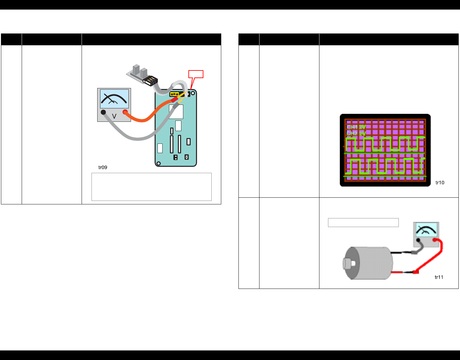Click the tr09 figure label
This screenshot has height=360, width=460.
point(103,167)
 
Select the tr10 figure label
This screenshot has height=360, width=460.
point(440,183)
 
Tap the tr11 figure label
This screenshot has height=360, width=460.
point(439,277)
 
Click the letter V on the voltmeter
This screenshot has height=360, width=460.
point(114,117)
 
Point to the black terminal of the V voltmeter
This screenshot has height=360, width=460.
point(103,112)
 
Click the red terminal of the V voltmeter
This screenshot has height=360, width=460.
point(125,112)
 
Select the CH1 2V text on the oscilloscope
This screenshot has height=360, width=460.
point(356,127)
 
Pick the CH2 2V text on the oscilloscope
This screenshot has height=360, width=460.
point(356,133)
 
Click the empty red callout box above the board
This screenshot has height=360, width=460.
point(196,74)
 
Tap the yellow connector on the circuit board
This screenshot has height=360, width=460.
point(174,94)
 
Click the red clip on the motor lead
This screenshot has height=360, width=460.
point(415,272)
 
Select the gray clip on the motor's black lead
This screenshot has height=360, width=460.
point(414,252)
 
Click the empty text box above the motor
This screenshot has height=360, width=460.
point(363,222)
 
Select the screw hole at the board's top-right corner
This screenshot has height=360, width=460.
point(193,93)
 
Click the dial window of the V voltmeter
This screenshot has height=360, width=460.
point(114,99)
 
